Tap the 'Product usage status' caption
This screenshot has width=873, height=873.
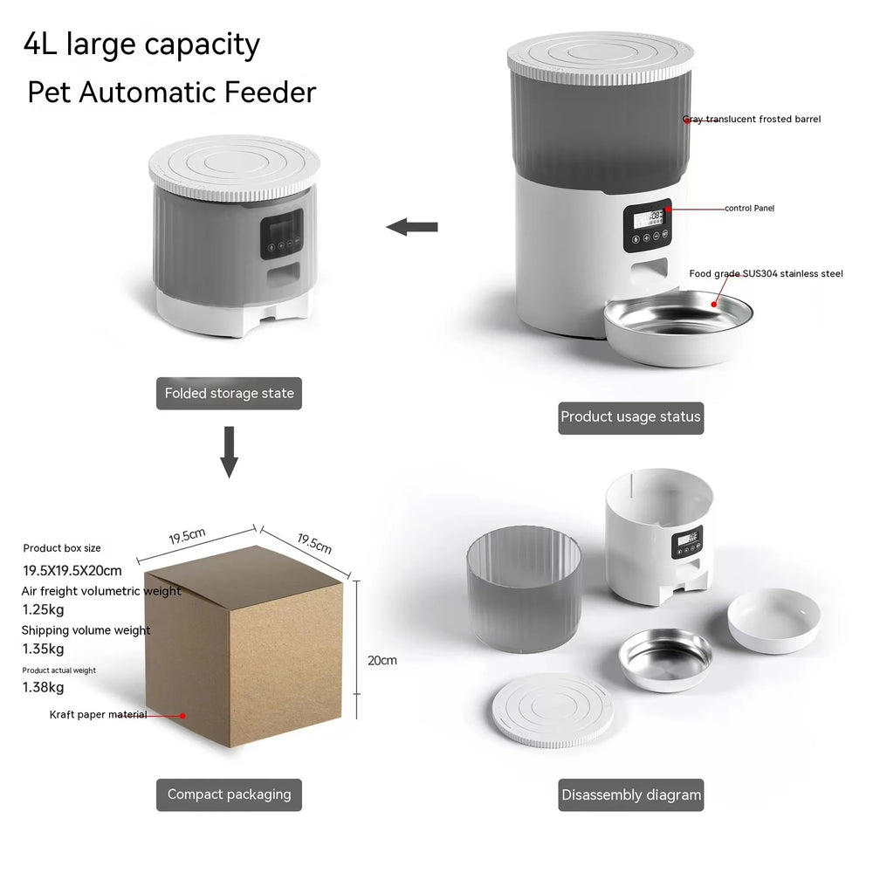pyautogui.click(x=630, y=416)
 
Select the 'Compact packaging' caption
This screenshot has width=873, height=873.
pyautogui.click(x=229, y=794)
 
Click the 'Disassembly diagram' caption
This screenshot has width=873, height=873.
pyautogui.click(x=631, y=794)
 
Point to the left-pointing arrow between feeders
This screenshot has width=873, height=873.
pyautogui.click(x=412, y=227)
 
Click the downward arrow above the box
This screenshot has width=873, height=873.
pyautogui.click(x=229, y=451)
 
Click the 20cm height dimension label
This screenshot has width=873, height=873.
pyautogui.click(x=382, y=660)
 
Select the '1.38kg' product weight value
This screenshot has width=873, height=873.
pyautogui.click(x=43, y=687)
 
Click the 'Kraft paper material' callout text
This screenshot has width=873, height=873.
pyautogui.click(x=98, y=714)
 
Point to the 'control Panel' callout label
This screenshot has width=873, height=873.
pyautogui.click(x=749, y=208)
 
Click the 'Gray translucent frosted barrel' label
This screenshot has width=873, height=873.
pyautogui.click(x=752, y=119)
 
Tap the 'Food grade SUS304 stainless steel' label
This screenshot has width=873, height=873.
pyautogui.click(x=766, y=273)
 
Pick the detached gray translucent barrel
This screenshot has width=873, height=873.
pyautogui.click(x=524, y=591)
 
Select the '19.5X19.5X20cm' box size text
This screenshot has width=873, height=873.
pyautogui.click(x=72, y=571)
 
